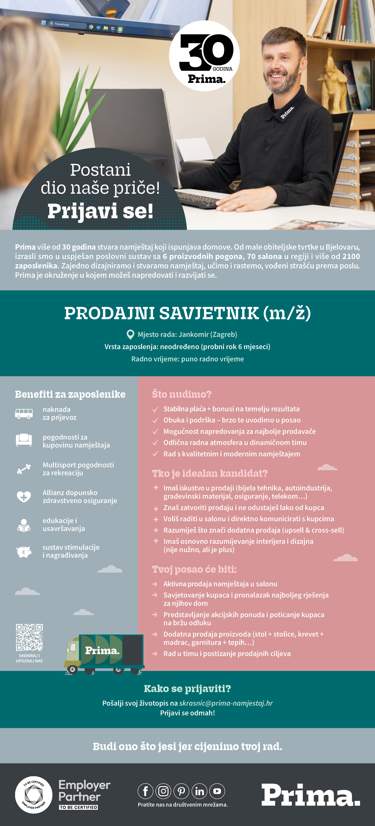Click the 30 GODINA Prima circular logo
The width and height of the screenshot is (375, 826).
pos(204,56)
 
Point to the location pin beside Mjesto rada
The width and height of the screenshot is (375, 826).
pos(130,335)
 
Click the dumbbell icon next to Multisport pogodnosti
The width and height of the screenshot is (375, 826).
pos(24,469)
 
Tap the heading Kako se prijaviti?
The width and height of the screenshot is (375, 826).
pos(187,688)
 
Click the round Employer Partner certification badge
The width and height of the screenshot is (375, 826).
pos(34,795)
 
